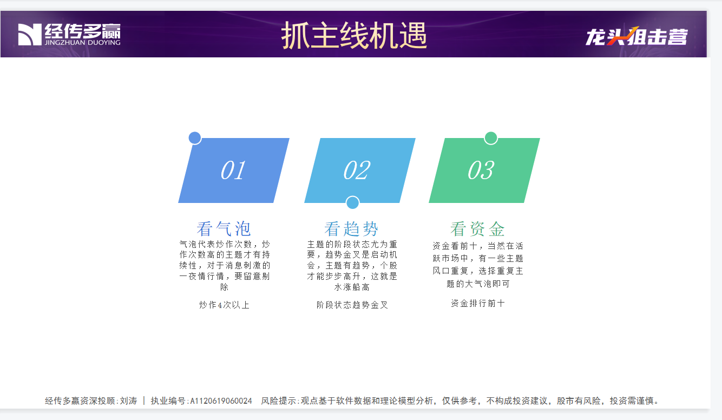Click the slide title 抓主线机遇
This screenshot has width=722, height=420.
click(x=354, y=36)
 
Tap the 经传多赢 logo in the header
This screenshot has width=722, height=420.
click(x=69, y=34)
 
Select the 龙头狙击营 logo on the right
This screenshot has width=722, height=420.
click(x=636, y=36)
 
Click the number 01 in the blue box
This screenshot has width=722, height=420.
click(x=233, y=170)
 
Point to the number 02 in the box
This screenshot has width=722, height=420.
click(x=357, y=170)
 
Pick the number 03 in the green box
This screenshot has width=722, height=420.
click(x=481, y=170)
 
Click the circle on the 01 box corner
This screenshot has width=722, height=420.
click(x=195, y=138)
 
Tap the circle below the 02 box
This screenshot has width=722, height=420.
click(x=353, y=202)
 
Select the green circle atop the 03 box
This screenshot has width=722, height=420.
click(x=491, y=138)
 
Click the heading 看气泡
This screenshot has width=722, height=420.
click(x=224, y=229)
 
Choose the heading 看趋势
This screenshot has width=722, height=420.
click(x=351, y=229)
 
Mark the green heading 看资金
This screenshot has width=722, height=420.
click(x=477, y=229)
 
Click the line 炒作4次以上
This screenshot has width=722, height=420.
click(x=224, y=305)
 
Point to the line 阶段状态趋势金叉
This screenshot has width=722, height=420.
click(x=352, y=305)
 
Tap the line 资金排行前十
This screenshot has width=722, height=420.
click(x=478, y=303)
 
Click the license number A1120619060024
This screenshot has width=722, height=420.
click(x=221, y=401)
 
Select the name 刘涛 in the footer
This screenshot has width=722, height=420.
click(x=129, y=401)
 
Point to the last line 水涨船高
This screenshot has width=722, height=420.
click(x=352, y=287)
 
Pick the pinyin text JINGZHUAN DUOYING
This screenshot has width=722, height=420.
click(x=82, y=43)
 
